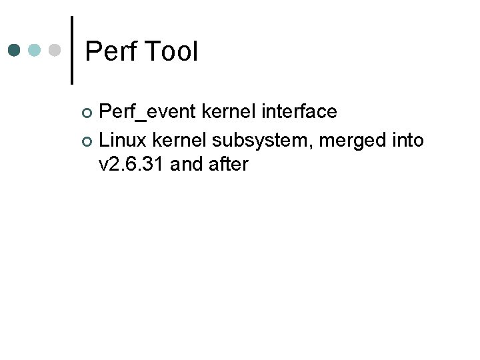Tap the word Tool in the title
pos(170,51)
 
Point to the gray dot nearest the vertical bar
pos(56,50)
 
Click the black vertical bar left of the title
pos(72,50)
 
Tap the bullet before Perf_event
pos(91,112)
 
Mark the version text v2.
pos(109,165)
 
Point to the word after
pos(227,165)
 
